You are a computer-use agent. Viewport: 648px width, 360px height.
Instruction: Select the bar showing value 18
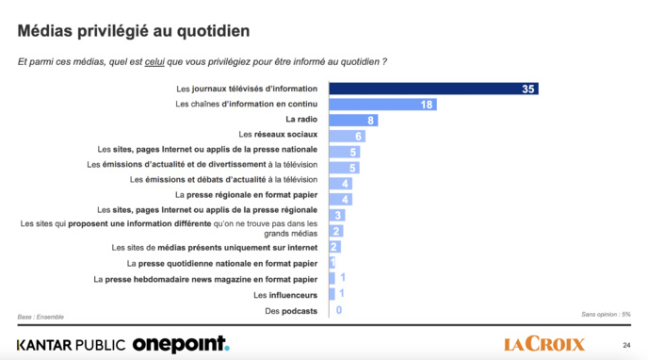click(381, 105)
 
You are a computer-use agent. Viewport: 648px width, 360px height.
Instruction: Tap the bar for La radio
click(353, 121)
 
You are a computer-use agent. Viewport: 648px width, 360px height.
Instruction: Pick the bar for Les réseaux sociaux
click(347, 136)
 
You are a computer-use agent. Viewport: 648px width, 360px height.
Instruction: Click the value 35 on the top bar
click(528, 89)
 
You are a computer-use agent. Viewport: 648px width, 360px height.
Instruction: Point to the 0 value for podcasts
click(338, 310)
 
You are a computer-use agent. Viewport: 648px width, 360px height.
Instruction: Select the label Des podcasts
click(292, 310)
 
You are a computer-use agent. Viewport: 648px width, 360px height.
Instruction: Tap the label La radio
click(301, 121)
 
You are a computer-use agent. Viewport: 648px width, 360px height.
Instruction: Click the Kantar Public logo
click(71, 344)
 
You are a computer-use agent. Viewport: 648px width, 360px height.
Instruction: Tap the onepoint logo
click(180, 344)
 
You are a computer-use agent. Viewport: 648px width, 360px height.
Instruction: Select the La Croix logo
click(544, 344)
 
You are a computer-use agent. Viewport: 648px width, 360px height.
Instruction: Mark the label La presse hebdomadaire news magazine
click(204, 279)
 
